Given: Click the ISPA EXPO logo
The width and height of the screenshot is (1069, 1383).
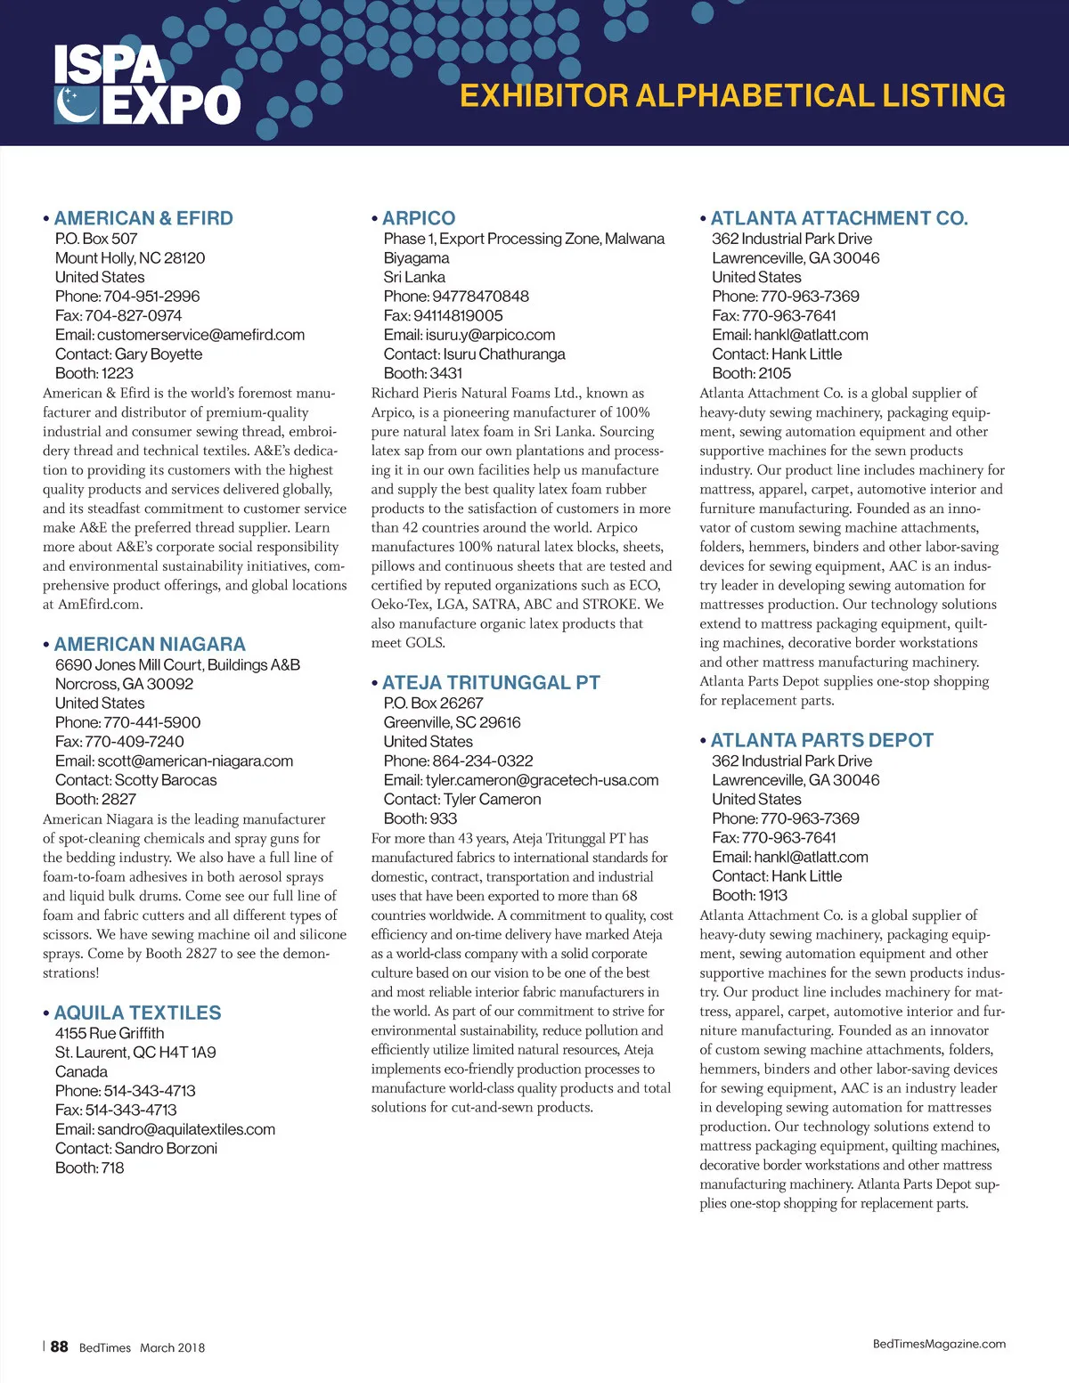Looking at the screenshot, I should click(x=147, y=85).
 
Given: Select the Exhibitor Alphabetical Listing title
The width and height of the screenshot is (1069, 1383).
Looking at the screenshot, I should click(x=732, y=95).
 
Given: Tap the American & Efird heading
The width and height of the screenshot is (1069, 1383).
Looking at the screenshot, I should click(x=143, y=218).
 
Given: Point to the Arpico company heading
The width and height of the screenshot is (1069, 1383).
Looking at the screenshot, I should click(x=419, y=218).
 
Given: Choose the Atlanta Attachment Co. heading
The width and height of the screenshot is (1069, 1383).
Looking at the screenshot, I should click(x=838, y=218).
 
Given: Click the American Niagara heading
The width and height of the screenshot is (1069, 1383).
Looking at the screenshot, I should click(x=150, y=644).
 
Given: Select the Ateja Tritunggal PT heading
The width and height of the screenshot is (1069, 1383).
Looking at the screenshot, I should click(x=491, y=683).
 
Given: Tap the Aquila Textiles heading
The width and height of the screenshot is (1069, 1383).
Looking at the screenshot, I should click(x=137, y=1013).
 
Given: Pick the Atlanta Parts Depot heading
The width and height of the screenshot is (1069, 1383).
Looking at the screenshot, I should click(x=821, y=740).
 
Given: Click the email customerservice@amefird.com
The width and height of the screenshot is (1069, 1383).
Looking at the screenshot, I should click(x=200, y=335).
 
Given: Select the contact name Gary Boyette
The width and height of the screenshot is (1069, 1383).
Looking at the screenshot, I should click(x=159, y=354).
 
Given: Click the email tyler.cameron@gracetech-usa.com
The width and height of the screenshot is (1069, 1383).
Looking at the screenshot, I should click(x=542, y=780).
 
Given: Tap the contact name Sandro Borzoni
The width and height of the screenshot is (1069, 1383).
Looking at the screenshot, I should click(x=166, y=1149).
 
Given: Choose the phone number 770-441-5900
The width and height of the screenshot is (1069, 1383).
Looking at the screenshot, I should click(x=152, y=722).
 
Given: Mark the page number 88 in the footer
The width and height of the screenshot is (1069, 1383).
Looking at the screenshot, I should click(x=59, y=1346).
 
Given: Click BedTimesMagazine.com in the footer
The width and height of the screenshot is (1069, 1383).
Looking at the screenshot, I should click(x=939, y=1344).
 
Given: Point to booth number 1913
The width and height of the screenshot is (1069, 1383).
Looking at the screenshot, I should click(x=771, y=896).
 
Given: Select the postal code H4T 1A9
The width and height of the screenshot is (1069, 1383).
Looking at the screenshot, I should click(x=188, y=1053).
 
